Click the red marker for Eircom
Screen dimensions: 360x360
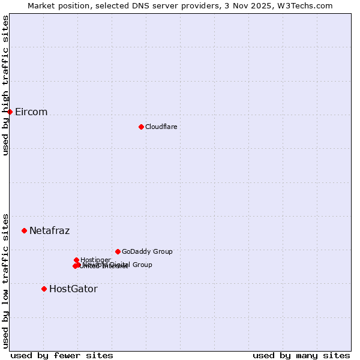pyautogui.click(x=10, y=112)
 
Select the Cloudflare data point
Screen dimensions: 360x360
pyautogui.click(x=141, y=127)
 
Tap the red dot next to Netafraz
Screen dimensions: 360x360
pyautogui.click(x=25, y=230)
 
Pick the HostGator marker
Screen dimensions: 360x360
pyautogui.click(x=44, y=289)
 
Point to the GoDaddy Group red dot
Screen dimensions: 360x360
pyautogui.click(x=118, y=251)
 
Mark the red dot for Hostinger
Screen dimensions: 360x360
pyautogui.click(x=76, y=260)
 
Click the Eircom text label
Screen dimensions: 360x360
pyautogui.click(x=31, y=112)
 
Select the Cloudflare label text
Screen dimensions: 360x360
pyautogui.click(x=161, y=127)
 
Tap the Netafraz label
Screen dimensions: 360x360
pyautogui.click(x=49, y=230)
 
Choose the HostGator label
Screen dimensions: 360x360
pyautogui.click(x=73, y=289)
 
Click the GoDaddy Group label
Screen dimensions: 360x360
pyautogui.click(x=147, y=251)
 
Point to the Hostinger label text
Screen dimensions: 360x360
pyautogui.click(x=95, y=260)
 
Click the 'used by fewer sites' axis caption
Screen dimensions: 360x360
pyautogui.click(x=62, y=355)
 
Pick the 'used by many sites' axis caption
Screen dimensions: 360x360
pyautogui.click(x=301, y=355)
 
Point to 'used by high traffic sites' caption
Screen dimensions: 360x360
pyautogui.click(x=5, y=85)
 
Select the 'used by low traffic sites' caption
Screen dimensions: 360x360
pyautogui.click(x=5, y=280)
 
